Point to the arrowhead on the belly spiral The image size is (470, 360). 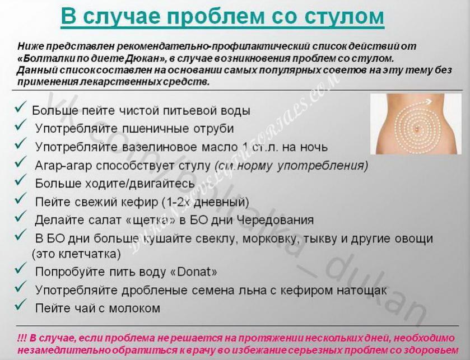pyautogui.click(x=430, y=101)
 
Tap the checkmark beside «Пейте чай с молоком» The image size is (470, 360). pyautogui.click(x=20, y=305)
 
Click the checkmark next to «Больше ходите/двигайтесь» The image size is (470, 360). pyautogui.click(x=20, y=180)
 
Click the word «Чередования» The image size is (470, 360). pyautogui.click(x=275, y=220)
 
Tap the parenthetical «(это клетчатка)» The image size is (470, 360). pyautogui.click(x=76, y=254)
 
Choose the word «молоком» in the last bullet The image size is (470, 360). pyautogui.click(x=134, y=308)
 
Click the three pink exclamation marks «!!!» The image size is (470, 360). pyautogui.click(x=22, y=338)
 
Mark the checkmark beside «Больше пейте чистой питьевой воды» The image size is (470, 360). pyautogui.click(x=20, y=107)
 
